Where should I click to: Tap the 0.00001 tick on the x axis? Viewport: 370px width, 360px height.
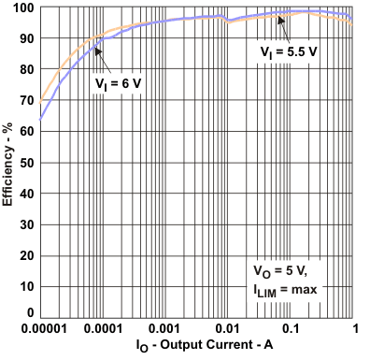(x=40, y=330)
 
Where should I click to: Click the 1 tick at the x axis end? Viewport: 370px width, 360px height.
(x=354, y=330)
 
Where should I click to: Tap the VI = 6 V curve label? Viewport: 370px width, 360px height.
(x=119, y=84)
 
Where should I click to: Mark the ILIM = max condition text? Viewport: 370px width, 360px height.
(x=286, y=289)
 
